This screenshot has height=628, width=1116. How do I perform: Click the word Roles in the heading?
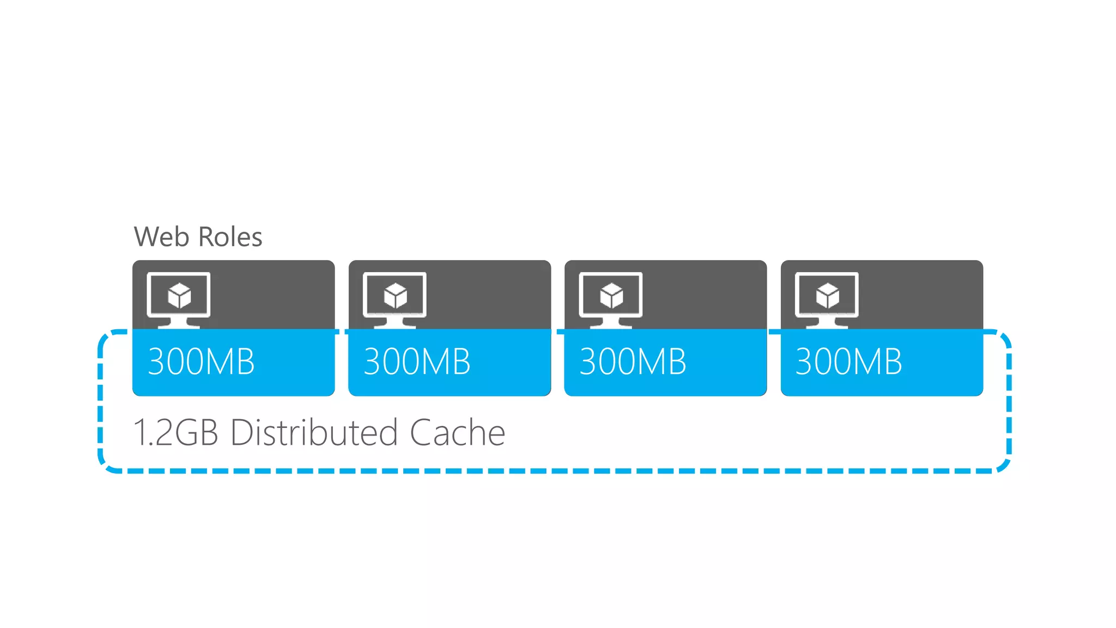click(x=230, y=237)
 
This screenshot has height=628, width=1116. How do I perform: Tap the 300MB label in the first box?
click(x=201, y=361)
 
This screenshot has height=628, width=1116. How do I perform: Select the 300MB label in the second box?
click(x=417, y=361)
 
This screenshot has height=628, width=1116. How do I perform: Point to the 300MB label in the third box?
click(x=633, y=361)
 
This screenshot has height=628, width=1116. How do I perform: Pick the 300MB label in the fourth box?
click(x=848, y=361)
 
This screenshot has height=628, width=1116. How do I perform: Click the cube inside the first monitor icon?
click(x=179, y=295)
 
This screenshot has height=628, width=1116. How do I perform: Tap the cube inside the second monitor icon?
click(x=396, y=295)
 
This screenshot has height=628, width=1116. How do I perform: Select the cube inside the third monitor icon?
click(x=611, y=295)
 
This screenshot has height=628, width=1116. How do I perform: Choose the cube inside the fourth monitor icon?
click(x=828, y=295)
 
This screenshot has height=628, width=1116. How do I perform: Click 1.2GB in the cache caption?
click(x=175, y=433)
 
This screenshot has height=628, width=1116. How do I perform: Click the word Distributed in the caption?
click(x=314, y=433)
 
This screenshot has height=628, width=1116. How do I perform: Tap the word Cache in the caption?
click(x=457, y=433)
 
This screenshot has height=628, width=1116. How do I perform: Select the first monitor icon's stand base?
click(x=179, y=325)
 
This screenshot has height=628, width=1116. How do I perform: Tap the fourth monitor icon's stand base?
click(x=827, y=325)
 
